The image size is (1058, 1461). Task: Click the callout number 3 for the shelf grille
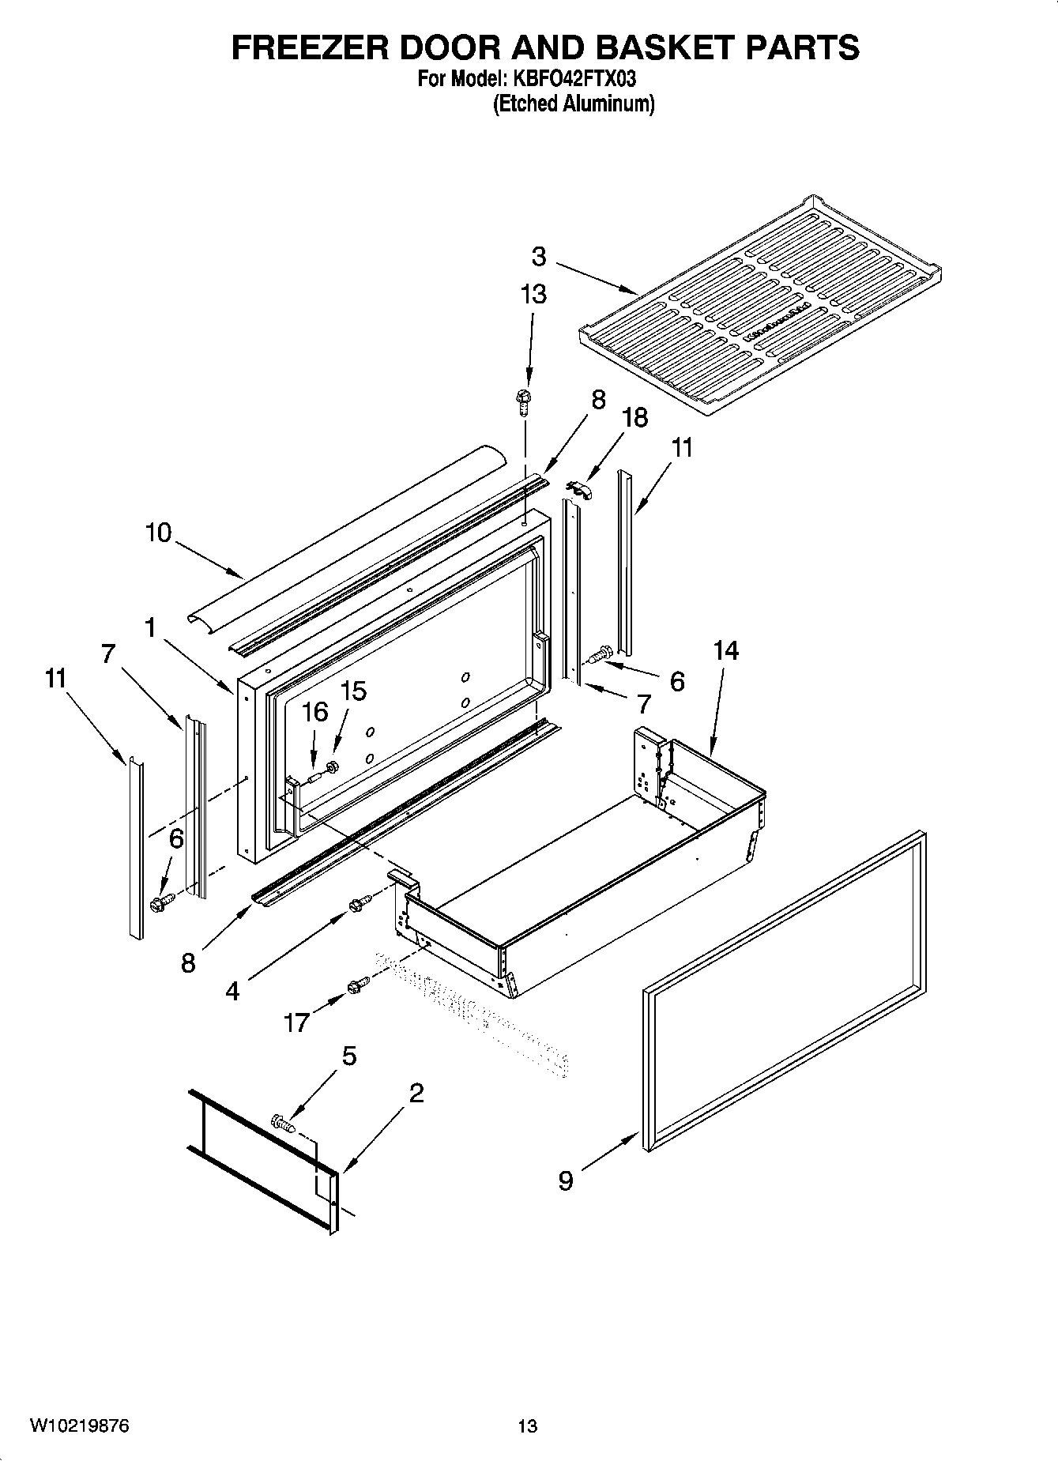pos(539,256)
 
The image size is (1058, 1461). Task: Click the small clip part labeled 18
pos(579,489)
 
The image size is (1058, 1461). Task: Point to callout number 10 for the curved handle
pos(158,533)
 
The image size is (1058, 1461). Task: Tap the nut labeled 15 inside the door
pos(332,765)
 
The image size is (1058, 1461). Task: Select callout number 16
pos(314,712)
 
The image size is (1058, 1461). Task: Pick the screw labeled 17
pos(357,985)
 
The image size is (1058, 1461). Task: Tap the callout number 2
pos(416,1093)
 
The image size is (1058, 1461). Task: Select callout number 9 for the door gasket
pos(566,1180)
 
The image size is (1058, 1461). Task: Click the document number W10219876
pos(80,1425)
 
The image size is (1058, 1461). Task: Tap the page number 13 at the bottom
pos(528,1425)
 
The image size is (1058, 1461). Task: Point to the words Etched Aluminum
pos(574,104)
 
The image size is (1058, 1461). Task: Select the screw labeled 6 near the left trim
pos(158,903)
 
